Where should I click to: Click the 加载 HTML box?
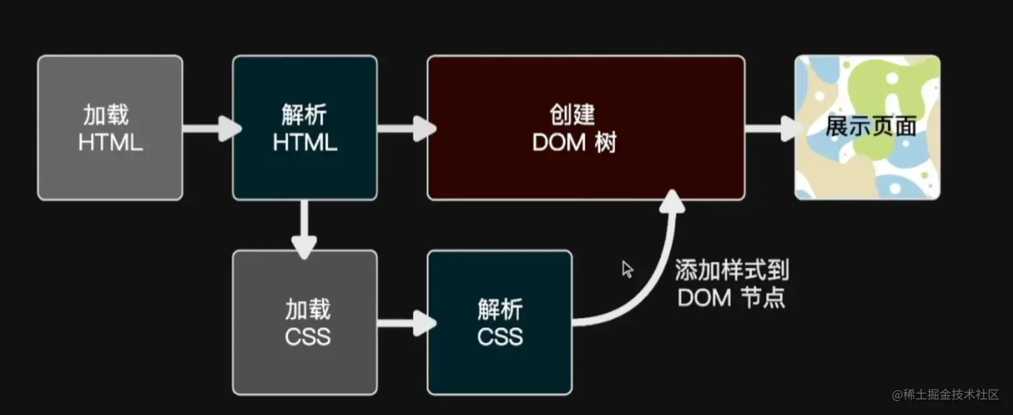point(110,127)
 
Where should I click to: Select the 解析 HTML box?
point(305,127)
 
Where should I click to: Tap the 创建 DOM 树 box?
point(586,127)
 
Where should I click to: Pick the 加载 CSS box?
point(305,322)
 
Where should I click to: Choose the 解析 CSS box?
point(500,322)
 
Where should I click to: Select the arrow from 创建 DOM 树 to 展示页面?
point(770,127)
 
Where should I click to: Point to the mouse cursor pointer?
point(627,269)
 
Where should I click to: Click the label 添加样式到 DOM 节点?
point(732,284)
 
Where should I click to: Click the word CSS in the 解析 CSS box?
point(500,336)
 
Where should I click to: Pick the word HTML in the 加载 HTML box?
point(110,142)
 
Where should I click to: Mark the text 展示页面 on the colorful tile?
point(870,126)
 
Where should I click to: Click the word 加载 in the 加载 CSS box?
point(308,310)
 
